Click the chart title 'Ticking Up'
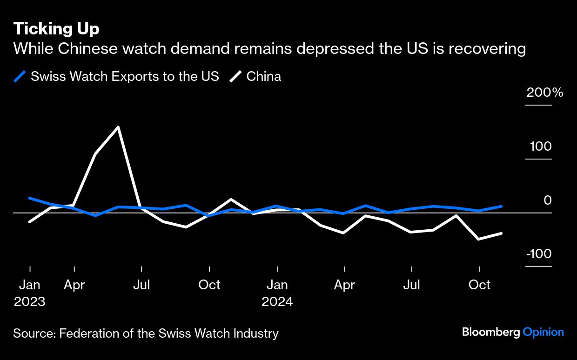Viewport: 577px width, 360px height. (56, 29)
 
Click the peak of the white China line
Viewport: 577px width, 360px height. (118, 127)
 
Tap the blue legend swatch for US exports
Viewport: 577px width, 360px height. (20, 76)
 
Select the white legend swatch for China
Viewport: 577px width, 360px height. (235, 76)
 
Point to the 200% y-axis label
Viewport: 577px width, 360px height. (544, 93)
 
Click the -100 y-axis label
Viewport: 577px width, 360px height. (538, 254)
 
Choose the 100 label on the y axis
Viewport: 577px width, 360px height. (540, 147)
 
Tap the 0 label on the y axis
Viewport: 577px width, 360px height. (548, 200)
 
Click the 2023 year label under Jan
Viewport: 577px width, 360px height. (29, 301)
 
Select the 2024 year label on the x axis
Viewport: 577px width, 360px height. (277, 301)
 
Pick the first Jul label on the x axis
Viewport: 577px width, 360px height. (141, 285)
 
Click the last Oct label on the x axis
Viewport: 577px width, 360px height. (479, 285)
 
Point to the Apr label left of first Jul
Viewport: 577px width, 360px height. (74, 285)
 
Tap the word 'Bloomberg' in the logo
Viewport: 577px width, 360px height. (491, 332)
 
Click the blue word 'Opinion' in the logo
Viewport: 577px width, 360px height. (543, 332)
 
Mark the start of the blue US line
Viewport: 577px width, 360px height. (30, 198)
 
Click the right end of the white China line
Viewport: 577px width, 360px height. (501, 233)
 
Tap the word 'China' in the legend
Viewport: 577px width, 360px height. (264, 76)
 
